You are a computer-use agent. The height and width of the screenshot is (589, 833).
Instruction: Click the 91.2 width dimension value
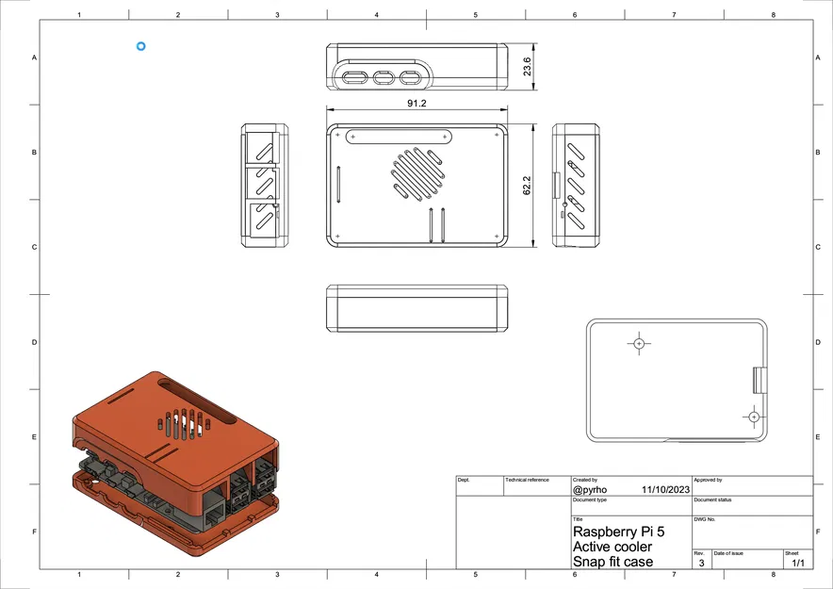click(x=416, y=104)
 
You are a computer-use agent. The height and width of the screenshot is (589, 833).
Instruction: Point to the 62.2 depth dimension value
click(x=528, y=186)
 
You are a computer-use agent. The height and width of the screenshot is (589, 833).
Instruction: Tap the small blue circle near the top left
click(x=140, y=45)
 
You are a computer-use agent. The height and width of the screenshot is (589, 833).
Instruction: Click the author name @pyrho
click(x=591, y=490)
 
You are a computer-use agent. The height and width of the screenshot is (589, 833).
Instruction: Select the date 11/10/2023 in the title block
click(x=664, y=490)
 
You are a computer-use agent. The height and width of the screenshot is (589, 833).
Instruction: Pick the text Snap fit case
click(x=612, y=562)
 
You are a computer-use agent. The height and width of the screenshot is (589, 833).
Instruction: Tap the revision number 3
click(x=700, y=563)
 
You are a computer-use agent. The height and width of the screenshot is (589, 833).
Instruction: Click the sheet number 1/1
click(x=798, y=563)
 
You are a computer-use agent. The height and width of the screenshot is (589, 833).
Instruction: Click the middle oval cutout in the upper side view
click(x=384, y=77)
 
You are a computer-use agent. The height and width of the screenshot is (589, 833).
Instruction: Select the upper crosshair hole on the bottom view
click(x=639, y=344)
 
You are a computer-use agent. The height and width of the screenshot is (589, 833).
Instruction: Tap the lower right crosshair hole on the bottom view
click(x=753, y=416)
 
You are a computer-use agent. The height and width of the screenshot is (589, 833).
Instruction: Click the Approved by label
click(x=708, y=480)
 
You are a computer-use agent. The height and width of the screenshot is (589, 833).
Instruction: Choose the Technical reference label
click(x=527, y=480)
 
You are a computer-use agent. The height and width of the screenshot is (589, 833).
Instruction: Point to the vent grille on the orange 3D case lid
click(x=183, y=423)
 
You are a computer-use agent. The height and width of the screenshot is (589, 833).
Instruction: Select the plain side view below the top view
click(x=416, y=308)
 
